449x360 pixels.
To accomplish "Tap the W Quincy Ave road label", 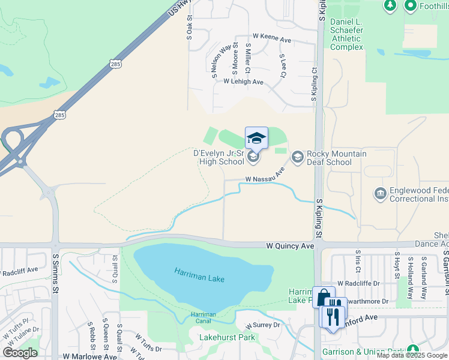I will click(291, 246).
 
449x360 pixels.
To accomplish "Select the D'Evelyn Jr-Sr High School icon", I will click(253, 157).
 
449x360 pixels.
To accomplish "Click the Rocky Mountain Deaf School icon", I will click(297, 157).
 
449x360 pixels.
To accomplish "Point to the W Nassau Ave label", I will click(264, 178).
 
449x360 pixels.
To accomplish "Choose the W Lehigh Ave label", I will click(244, 82).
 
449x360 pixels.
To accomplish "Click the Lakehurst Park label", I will click(227, 337).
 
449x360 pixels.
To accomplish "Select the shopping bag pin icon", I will click(323, 297).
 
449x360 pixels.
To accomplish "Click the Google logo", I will click(20, 352).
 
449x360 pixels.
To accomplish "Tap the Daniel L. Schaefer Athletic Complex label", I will click(346, 34).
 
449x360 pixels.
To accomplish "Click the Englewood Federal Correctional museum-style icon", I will click(379, 193).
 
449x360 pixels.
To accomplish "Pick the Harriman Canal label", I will click(203, 317).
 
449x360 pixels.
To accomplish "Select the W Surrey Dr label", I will click(263, 325).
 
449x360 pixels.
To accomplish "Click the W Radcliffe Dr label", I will click(359, 283).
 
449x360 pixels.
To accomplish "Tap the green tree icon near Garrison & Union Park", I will click(412, 349).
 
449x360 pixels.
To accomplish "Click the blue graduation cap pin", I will click(256, 138).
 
